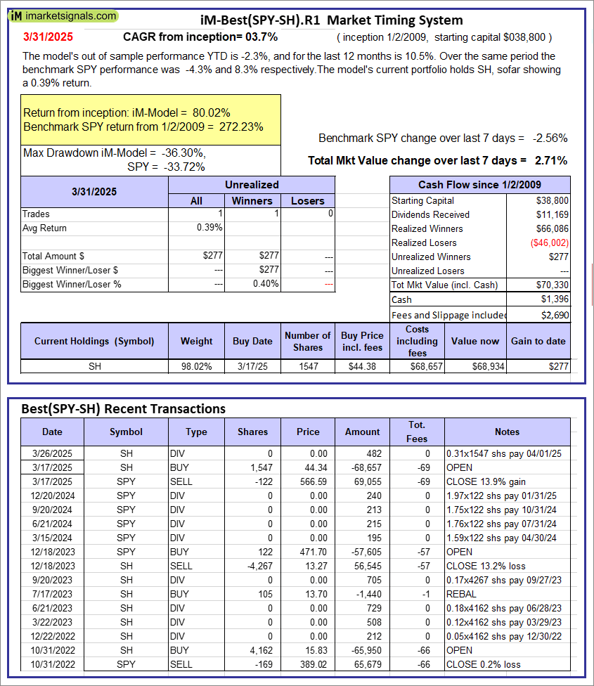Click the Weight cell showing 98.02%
(x=196, y=366)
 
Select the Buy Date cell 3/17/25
(x=252, y=366)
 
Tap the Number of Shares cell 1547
(x=308, y=366)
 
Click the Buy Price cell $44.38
(x=363, y=366)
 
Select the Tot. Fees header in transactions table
(x=417, y=432)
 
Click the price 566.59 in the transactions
(x=307, y=481)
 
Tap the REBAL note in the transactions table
(x=460, y=594)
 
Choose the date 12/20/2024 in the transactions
(x=52, y=496)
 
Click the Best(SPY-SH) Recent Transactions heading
(x=124, y=408)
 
